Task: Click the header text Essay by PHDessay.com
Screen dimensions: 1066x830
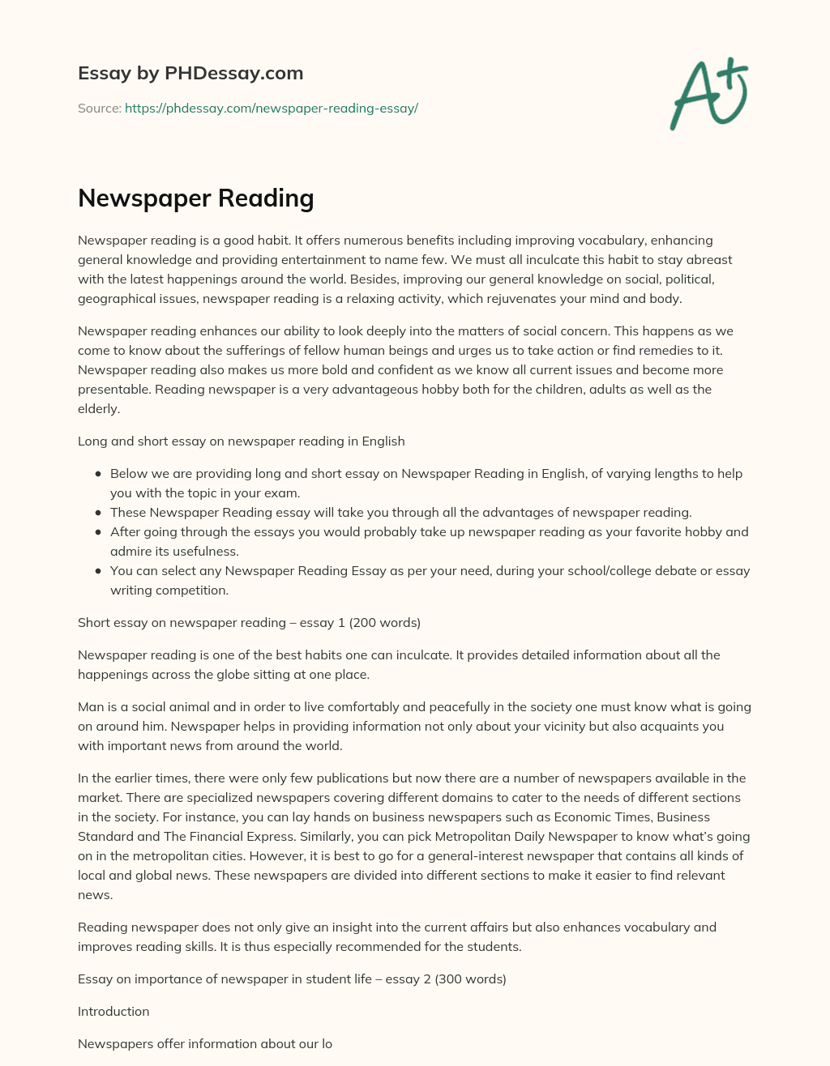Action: pyautogui.click(x=190, y=73)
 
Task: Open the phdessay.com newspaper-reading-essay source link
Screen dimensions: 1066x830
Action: pyautogui.click(x=271, y=109)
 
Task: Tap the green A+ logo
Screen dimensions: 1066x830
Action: pyautogui.click(x=708, y=94)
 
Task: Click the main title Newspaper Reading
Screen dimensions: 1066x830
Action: pyautogui.click(x=195, y=198)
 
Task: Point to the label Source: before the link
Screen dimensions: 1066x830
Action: pyautogui.click(x=99, y=109)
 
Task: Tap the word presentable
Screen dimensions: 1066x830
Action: pyautogui.click(x=114, y=389)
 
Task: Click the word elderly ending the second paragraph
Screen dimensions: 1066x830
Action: pyautogui.click(x=97, y=408)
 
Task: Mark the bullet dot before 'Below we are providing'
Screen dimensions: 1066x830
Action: pyautogui.click(x=98, y=474)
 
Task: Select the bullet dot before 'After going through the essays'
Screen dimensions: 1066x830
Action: pyautogui.click(x=98, y=532)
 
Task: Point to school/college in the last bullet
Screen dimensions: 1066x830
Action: pyautogui.click(x=595, y=570)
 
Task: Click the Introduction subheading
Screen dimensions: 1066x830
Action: pyautogui.click(x=113, y=1011)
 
